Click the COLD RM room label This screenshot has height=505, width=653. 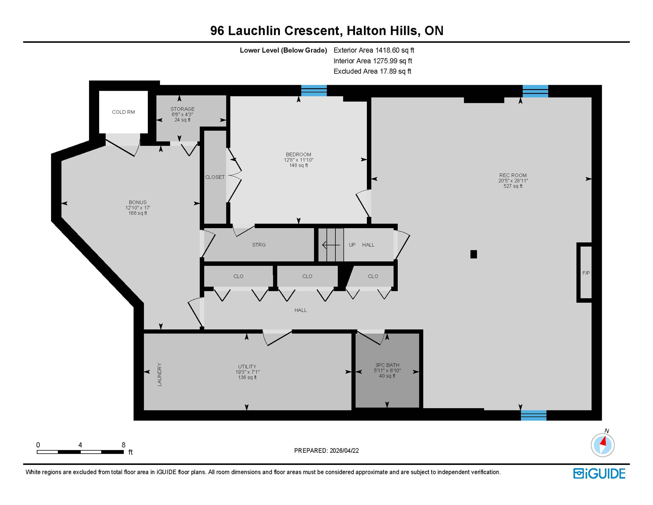click(123, 112)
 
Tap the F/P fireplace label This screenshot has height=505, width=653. click(586, 273)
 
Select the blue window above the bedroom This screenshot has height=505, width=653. click(314, 90)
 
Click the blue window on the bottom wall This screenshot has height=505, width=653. click(533, 415)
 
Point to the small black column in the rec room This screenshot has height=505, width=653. click(473, 254)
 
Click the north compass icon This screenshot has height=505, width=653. click(602, 445)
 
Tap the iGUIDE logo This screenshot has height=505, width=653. click(599, 473)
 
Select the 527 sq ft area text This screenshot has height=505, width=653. click(513, 186)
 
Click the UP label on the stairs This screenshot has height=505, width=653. click(352, 245)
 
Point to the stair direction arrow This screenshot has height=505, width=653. click(331, 245)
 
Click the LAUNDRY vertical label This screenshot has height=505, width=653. click(160, 374)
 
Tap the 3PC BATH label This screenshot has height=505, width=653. click(387, 365)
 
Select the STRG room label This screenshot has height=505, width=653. click(259, 245)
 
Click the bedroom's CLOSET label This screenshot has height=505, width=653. click(215, 177)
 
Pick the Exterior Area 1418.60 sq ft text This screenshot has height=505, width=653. click(373, 50)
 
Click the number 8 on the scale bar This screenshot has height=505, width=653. click(124, 445)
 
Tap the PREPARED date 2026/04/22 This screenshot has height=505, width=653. click(344, 450)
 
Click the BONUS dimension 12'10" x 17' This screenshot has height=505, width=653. click(137, 208)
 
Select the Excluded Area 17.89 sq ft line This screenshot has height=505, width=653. click(372, 71)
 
